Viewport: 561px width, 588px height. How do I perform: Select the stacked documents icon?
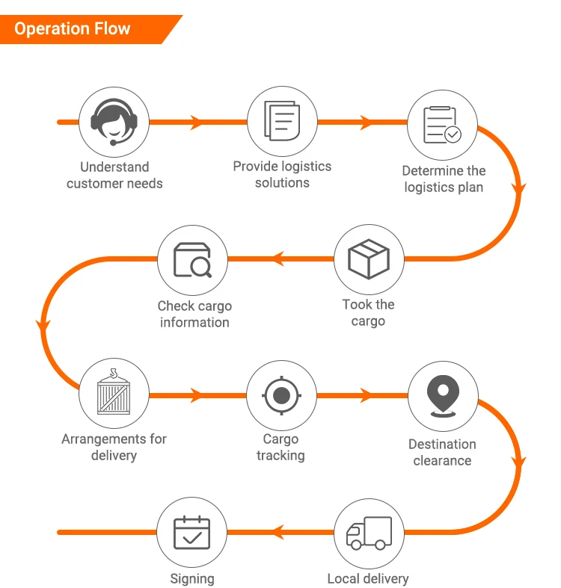[x=283, y=121]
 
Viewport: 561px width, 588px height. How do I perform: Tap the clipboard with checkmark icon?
[x=442, y=125]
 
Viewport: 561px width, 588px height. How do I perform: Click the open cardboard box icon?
[x=369, y=259]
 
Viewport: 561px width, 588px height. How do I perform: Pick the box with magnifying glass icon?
[x=192, y=260]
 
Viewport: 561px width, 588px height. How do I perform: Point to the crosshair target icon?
[x=282, y=395]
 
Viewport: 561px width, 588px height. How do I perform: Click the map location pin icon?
[x=443, y=396]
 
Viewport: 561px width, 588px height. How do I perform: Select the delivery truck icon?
[x=369, y=533]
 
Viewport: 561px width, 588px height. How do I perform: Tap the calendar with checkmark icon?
[x=192, y=533]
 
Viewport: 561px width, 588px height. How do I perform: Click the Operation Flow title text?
[x=73, y=29]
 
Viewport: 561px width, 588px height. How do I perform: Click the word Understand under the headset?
[x=114, y=167]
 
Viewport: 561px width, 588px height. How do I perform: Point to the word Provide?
[x=256, y=166]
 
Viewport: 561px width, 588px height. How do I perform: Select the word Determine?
[x=432, y=170]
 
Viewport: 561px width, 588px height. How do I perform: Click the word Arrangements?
[x=104, y=439]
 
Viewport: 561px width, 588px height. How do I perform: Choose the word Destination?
[x=442, y=445]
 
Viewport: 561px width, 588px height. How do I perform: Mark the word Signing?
[x=192, y=578]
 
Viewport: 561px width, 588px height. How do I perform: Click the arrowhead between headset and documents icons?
[x=197, y=123]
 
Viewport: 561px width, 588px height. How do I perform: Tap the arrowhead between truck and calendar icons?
[x=278, y=532]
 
